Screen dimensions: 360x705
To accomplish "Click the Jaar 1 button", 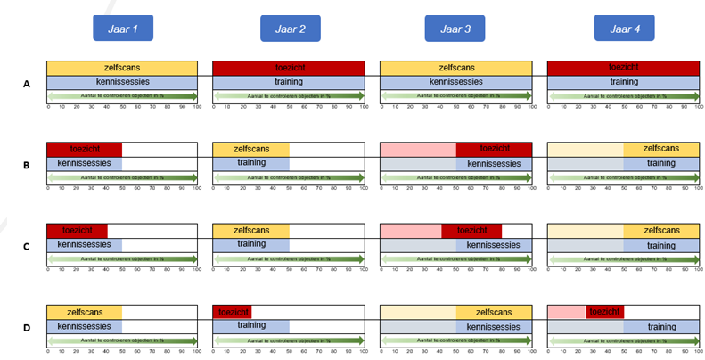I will point(124,29).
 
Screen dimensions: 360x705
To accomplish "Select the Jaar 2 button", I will point(290,29).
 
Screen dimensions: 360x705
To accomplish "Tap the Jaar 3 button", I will point(455,29).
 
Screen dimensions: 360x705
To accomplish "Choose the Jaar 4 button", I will point(623,29).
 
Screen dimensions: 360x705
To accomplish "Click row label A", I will point(28,84).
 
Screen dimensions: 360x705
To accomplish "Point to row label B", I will point(28,165).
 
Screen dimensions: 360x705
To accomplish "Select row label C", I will point(28,246).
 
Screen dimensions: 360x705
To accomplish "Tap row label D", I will point(28,327).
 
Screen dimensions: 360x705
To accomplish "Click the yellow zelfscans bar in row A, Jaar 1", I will point(122,68).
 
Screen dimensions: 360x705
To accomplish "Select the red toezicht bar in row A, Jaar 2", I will point(288,68).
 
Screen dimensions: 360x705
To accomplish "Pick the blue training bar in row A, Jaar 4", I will point(623,82).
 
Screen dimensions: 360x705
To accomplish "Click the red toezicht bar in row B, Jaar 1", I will point(84,149).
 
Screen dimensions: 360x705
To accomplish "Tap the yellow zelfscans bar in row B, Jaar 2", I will point(250,149).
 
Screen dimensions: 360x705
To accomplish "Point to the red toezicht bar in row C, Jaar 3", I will point(471,230).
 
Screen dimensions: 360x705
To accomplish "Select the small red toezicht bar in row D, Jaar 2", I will point(232,312).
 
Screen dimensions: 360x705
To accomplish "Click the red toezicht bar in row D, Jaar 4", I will point(604,312).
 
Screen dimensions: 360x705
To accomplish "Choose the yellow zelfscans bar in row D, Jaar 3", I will point(494,312).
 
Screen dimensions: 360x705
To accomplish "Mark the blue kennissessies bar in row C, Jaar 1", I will point(84,244).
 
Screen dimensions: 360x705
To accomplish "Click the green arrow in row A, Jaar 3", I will point(455,95).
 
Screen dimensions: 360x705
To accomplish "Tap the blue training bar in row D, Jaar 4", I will point(660,326).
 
